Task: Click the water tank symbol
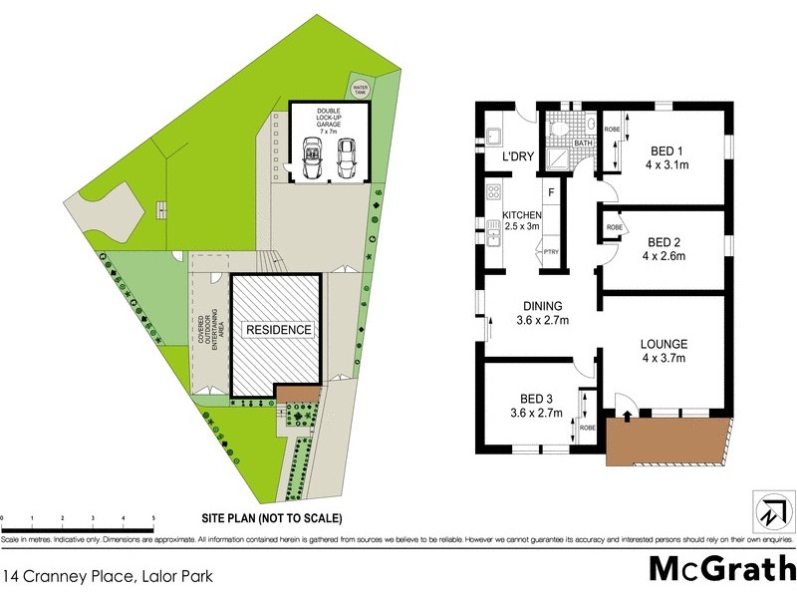coord(359,87)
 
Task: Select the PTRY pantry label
coord(551,251)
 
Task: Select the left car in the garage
coord(311,157)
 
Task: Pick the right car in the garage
coord(346,157)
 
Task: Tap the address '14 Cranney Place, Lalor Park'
coord(108,575)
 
